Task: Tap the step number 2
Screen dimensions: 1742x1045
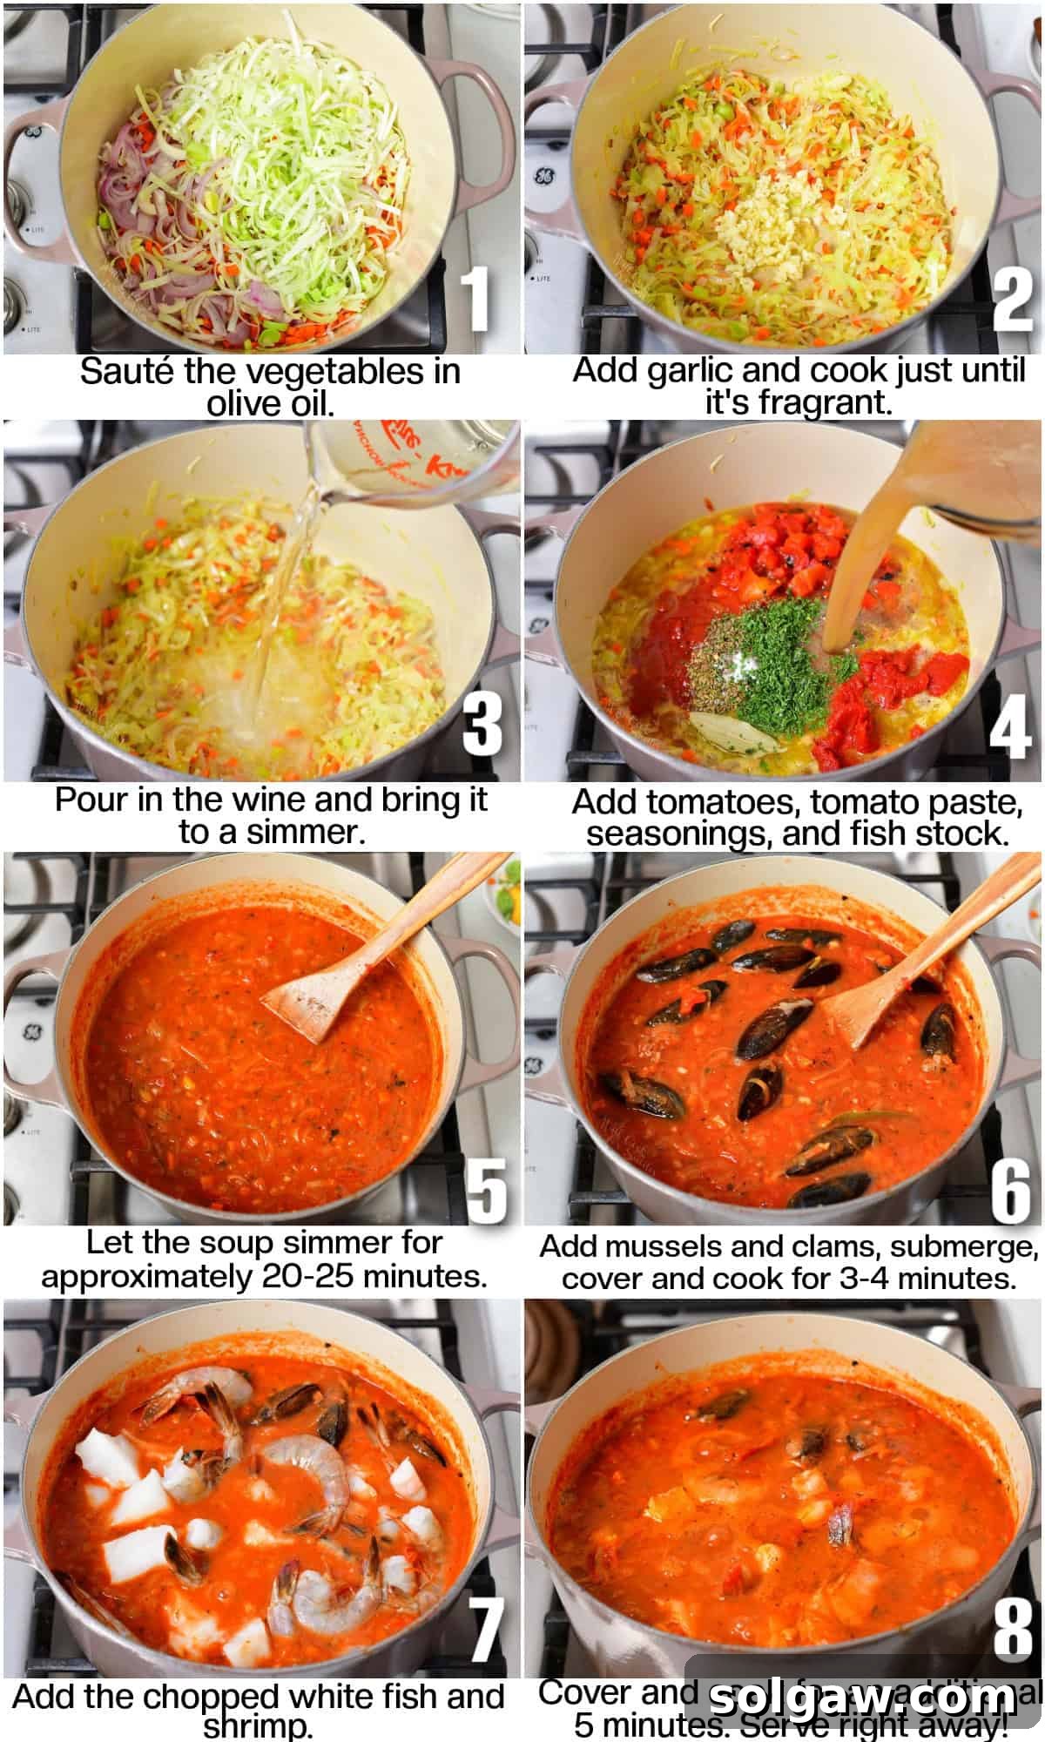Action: [1012, 299]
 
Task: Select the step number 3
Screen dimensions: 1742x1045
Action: [482, 725]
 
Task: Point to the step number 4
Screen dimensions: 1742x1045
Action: [1010, 726]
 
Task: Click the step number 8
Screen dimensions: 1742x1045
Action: [1012, 1628]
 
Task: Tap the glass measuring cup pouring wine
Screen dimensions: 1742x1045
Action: [409, 462]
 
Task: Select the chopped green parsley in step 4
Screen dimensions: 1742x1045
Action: [784, 662]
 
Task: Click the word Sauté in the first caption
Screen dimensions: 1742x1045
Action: [128, 372]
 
